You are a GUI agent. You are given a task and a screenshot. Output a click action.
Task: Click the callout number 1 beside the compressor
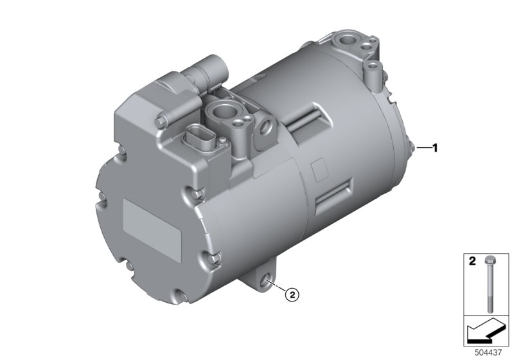(x=435, y=148)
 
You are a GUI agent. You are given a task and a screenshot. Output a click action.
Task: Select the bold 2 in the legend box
(x=472, y=261)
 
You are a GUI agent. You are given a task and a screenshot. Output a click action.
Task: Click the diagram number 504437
(x=488, y=353)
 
